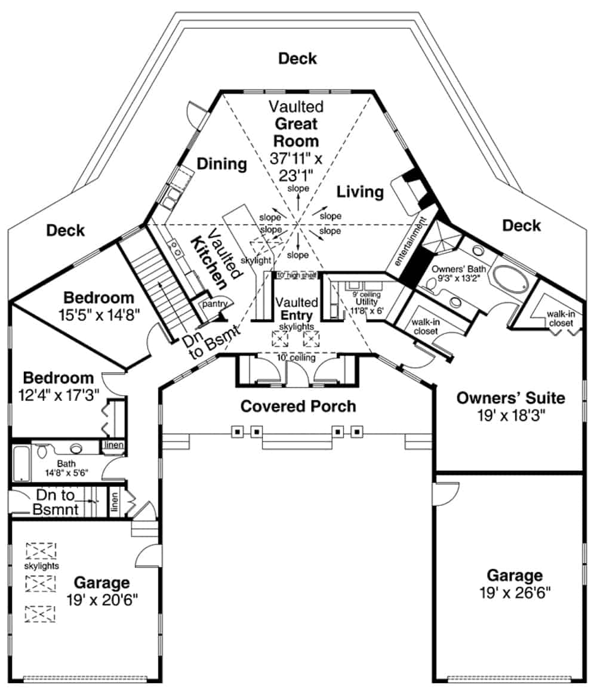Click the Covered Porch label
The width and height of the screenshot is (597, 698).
click(x=298, y=406)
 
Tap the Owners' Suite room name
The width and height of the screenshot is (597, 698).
click(x=510, y=397)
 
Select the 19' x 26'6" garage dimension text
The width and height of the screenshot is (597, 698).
click(x=515, y=592)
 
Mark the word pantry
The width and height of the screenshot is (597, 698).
click(x=216, y=304)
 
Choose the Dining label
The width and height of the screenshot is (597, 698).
click(x=222, y=164)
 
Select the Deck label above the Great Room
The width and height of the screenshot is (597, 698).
click(x=297, y=58)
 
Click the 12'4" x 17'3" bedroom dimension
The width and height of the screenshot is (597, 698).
click(x=59, y=394)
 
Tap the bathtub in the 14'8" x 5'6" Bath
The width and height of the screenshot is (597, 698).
click(x=21, y=462)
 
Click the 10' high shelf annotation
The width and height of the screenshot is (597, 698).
click(x=296, y=275)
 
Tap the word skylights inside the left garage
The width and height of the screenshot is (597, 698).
click(x=41, y=565)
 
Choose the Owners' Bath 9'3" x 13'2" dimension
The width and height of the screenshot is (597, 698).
click(x=458, y=277)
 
